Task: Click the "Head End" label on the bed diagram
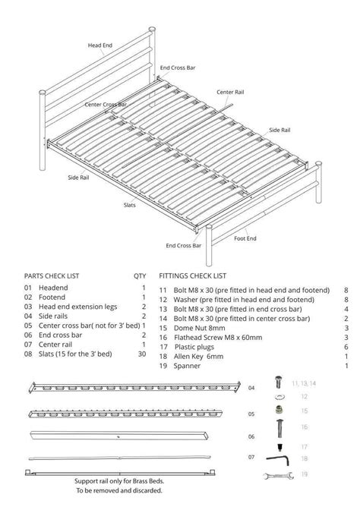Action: [99, 46]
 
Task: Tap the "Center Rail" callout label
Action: [230, 92]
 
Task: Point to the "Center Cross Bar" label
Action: [106, 104]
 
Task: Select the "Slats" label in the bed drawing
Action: [130, 205]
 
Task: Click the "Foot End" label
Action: [245, 238]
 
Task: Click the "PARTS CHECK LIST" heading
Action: [52, 276]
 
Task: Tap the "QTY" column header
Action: [140, 276]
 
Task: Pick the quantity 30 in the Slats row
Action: [141, 354]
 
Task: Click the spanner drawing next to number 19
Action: [278, 475]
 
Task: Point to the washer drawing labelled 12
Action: [279, 396]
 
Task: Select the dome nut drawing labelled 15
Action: [279, 411]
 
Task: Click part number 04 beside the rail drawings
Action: [251, 388]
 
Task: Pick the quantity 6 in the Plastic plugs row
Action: [346, 347]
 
